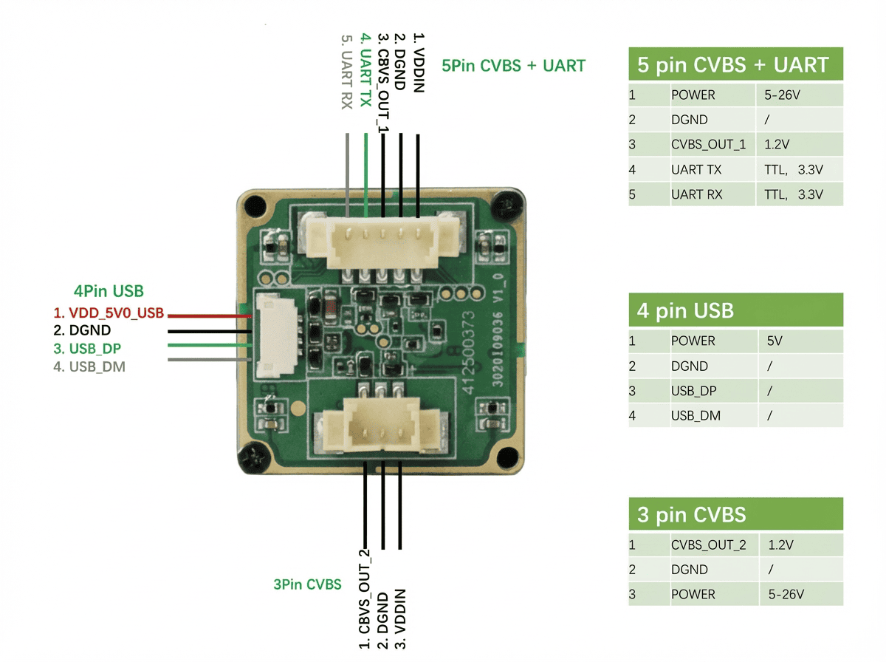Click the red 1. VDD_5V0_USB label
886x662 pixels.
108,313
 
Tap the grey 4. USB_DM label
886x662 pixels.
89,366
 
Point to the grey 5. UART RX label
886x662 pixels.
346,71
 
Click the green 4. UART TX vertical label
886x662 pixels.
365,69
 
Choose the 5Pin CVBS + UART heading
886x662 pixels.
513,66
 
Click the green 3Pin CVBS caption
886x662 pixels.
307,584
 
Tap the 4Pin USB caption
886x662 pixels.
109,291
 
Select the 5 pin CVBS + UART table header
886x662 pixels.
735,65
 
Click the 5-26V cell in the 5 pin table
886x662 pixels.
782,95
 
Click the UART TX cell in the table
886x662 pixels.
696,170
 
